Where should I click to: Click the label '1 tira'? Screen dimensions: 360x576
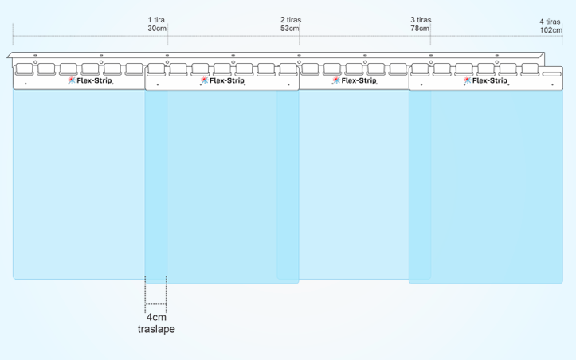(157, 18)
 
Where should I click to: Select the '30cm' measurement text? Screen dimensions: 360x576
(157, 29)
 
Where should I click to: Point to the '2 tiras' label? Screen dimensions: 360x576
(290, 18)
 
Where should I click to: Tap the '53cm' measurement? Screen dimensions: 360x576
(290, 29)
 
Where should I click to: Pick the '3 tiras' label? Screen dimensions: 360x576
(421, 18)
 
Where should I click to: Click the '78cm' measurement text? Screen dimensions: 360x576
(421, 29)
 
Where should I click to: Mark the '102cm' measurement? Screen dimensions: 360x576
(551, 30)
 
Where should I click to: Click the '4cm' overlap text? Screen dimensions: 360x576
(156, 317)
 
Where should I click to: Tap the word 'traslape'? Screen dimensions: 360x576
(156, 329)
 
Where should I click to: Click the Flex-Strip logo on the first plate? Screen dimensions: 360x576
(91, 80)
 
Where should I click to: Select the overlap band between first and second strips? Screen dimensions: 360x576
(156, 183)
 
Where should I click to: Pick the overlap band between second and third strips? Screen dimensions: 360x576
(288, 183)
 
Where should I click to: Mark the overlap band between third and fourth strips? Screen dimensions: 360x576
(420, 183)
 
